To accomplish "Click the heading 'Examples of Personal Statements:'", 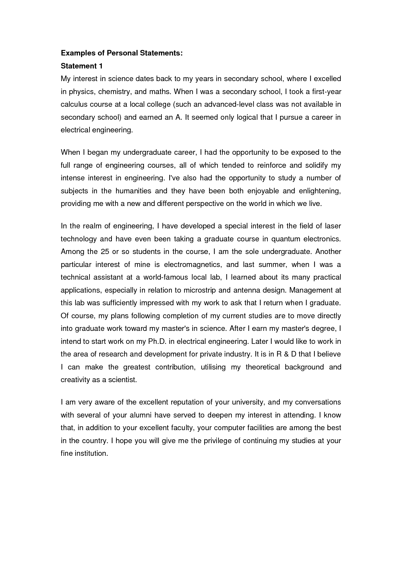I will click(122, 53).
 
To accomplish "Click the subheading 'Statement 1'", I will click(82, 66).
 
